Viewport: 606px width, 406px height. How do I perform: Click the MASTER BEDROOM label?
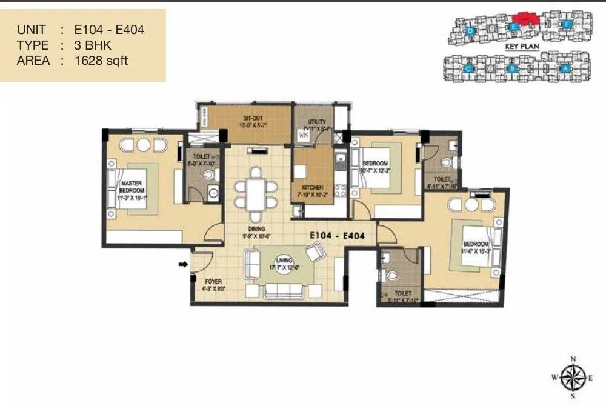[x=132, y=187]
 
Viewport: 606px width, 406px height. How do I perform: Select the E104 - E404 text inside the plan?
[x=337, y=236]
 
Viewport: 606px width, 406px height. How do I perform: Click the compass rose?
[x=570, y=378]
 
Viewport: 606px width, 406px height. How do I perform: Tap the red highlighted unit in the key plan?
[x=525, y=19]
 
